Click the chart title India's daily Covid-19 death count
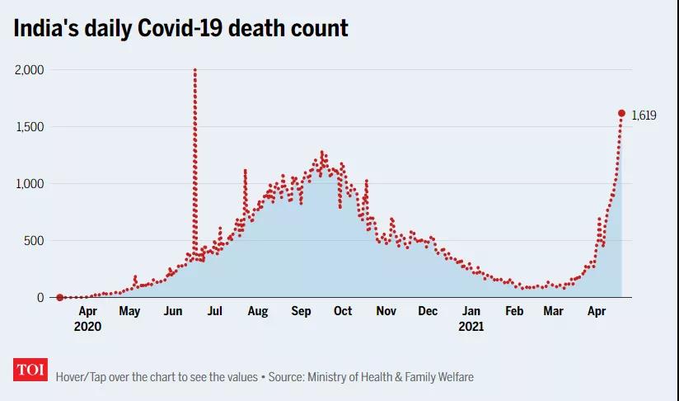point(180,28)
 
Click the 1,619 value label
point(644,116)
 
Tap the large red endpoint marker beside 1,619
point(621,113)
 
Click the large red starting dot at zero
point(59,297)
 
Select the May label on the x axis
point(129,312)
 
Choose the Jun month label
point(173,312)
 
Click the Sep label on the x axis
point(301,312)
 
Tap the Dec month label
point(428,312)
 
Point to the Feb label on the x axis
point(514,312)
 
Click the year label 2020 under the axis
point(87,327)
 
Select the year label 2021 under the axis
point(471,327)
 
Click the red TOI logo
point(30,370)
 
